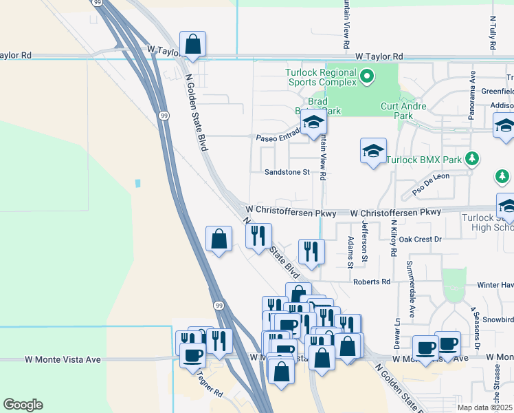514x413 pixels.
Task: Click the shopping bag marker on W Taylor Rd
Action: (193, 44)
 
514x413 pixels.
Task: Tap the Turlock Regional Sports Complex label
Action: (322, 78)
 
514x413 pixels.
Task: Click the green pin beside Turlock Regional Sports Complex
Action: (367, 76)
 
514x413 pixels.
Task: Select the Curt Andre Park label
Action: (404, 111)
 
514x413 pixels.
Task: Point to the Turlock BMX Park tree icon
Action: (471, 159)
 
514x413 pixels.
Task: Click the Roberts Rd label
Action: (371, 282)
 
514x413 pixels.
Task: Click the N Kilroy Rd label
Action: (394, 237)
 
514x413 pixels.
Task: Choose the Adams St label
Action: (350, 251)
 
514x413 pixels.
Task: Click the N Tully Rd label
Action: (493, 34)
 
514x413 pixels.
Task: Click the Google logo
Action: (23, 405)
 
